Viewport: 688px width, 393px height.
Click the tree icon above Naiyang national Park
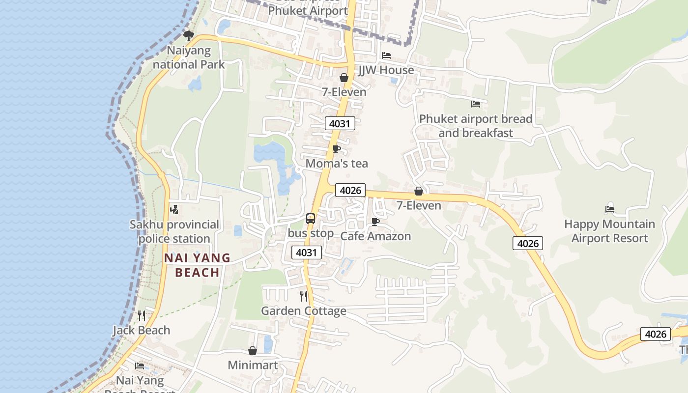pos(188,35)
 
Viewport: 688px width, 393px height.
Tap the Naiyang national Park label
pos(189,57)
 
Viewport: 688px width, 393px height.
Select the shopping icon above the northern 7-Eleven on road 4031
pos(344,78)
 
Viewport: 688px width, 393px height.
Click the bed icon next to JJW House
pos(386,56)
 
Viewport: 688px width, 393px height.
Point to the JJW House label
pos(386,70)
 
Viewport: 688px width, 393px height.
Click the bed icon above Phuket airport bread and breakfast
pos(476,104)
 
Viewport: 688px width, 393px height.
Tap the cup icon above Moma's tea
pos(337,149)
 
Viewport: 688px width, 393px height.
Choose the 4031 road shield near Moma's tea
pos(340,123)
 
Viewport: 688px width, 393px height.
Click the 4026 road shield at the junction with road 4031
pos(350,190)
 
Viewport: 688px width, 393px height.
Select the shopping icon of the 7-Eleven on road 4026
pos(419,191)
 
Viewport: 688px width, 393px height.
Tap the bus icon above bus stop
pos(311,219)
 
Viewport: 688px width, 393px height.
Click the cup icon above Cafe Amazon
pos(375,222)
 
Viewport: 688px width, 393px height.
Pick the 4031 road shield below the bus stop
pos(307,253)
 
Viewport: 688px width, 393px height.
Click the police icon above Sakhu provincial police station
pos(174,210)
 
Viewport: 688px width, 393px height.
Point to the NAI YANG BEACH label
pos(197,265)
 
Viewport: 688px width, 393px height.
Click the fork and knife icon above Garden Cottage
pos(304,296)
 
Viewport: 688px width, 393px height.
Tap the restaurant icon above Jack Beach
pos(142,315)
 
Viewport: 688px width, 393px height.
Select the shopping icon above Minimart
pos(253,351)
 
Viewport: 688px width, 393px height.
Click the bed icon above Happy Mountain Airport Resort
pos(610,209)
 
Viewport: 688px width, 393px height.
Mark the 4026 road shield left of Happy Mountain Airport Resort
pos(528,243)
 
